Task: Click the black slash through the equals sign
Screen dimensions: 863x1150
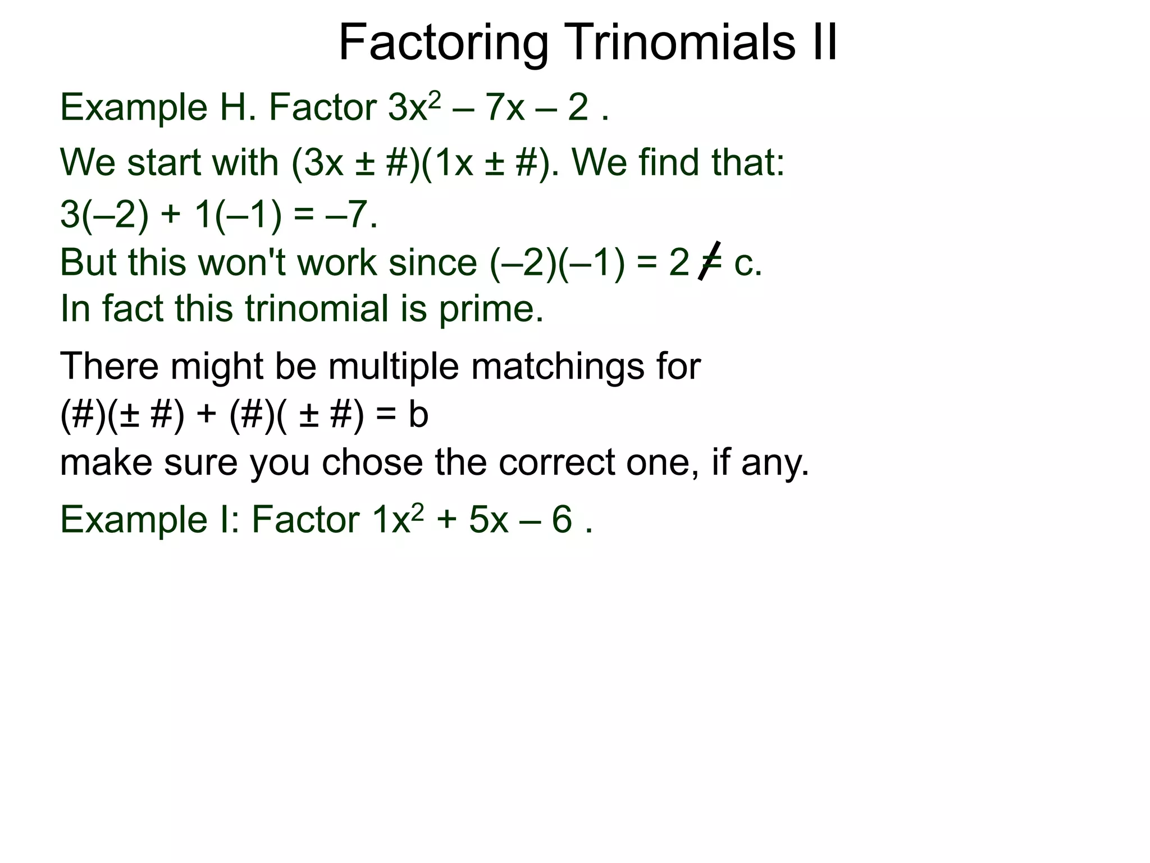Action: coord(709,260)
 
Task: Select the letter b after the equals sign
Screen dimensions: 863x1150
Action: coord(418,415)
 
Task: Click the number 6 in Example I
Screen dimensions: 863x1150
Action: coord(562,519)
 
